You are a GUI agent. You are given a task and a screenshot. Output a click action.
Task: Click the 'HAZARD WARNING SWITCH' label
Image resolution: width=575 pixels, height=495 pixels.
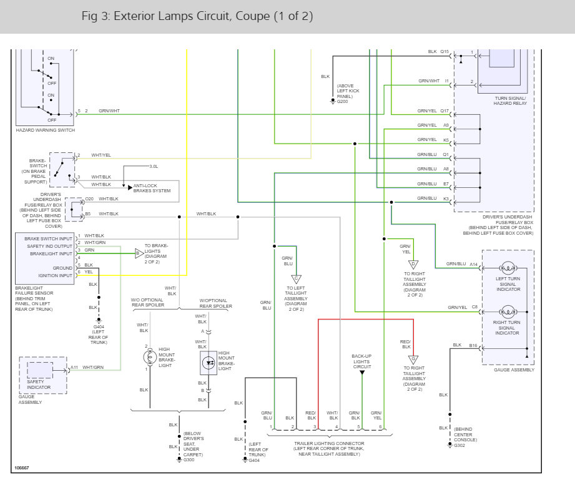click(46, 130)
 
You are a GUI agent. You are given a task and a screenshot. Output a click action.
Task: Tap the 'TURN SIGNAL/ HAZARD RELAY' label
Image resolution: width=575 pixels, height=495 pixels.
click(510, 101)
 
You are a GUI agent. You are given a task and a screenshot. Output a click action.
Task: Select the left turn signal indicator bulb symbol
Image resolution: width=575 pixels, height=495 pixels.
click(508, 268)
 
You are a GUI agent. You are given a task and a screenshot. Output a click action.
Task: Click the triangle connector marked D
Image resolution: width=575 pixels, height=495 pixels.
click(413, 265)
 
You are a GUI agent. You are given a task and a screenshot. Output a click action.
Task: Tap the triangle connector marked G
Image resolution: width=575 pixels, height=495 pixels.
click(413, 360)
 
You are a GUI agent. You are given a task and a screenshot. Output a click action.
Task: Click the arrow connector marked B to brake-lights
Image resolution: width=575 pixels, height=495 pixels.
click(139, 253)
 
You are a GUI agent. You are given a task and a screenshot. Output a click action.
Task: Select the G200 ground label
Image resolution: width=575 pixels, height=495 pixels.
click(343, 102)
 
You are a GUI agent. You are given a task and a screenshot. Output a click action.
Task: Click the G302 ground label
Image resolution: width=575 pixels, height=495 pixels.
click(460, 446)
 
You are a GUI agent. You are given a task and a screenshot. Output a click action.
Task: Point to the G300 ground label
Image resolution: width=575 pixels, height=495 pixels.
click(189, 460)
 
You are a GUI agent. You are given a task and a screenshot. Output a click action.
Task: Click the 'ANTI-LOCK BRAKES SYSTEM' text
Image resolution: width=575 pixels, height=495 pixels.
click(152, 188)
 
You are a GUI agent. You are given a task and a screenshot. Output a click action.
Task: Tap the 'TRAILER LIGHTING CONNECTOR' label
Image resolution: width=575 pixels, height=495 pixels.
click(329, 444)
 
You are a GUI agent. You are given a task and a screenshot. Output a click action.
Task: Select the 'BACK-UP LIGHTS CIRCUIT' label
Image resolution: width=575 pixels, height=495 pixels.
click(361, 361)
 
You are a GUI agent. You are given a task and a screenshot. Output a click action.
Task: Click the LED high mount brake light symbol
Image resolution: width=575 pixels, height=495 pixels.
click(209, 363)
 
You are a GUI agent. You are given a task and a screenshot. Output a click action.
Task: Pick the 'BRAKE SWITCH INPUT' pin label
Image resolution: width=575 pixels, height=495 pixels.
click(49, 238)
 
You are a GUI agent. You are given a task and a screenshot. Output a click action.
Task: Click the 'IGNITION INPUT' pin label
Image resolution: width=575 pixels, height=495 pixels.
click(56, 276)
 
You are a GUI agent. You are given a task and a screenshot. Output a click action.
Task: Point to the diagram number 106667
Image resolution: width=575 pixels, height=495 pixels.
click(22, 468)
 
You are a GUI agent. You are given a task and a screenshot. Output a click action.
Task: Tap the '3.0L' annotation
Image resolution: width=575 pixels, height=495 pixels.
click(154, 167)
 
